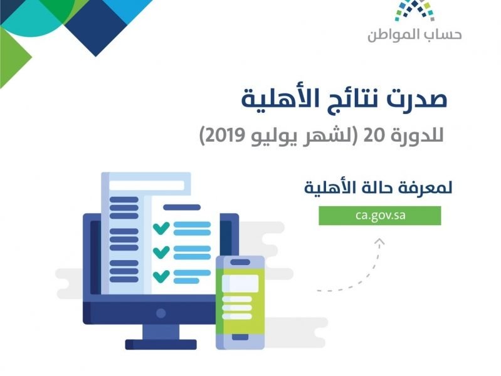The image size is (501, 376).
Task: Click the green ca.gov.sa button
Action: [x=379, y=216]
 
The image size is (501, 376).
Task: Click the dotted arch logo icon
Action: [x=414, y=10]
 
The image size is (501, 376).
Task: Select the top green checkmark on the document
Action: [x=161, y=228]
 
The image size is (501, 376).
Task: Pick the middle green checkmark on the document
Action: [x=161, y=252]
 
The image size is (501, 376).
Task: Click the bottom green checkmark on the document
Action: [x=161, y=276]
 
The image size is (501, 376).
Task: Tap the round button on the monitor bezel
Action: [x=161, y=313]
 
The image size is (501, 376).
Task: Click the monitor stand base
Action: [x=161, y=345]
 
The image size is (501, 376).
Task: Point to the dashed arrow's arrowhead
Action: [x=379, y=242]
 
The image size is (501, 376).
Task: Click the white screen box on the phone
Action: [x=240, y=283]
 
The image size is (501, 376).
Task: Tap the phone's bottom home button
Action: [x=240, y=337]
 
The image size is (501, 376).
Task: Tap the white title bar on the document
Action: [x=147, y=185]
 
